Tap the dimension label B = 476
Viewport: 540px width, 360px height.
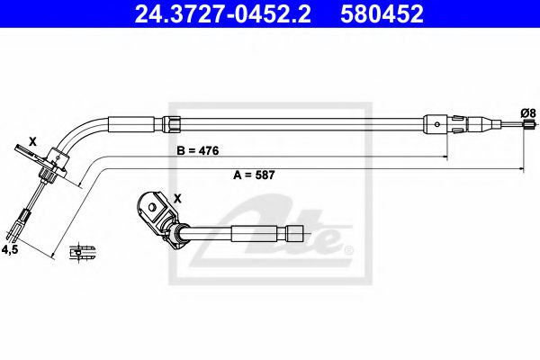point(195,149)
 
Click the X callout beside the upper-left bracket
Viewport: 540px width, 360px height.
point(33,141)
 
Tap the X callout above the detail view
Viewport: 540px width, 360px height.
point(175,198)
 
